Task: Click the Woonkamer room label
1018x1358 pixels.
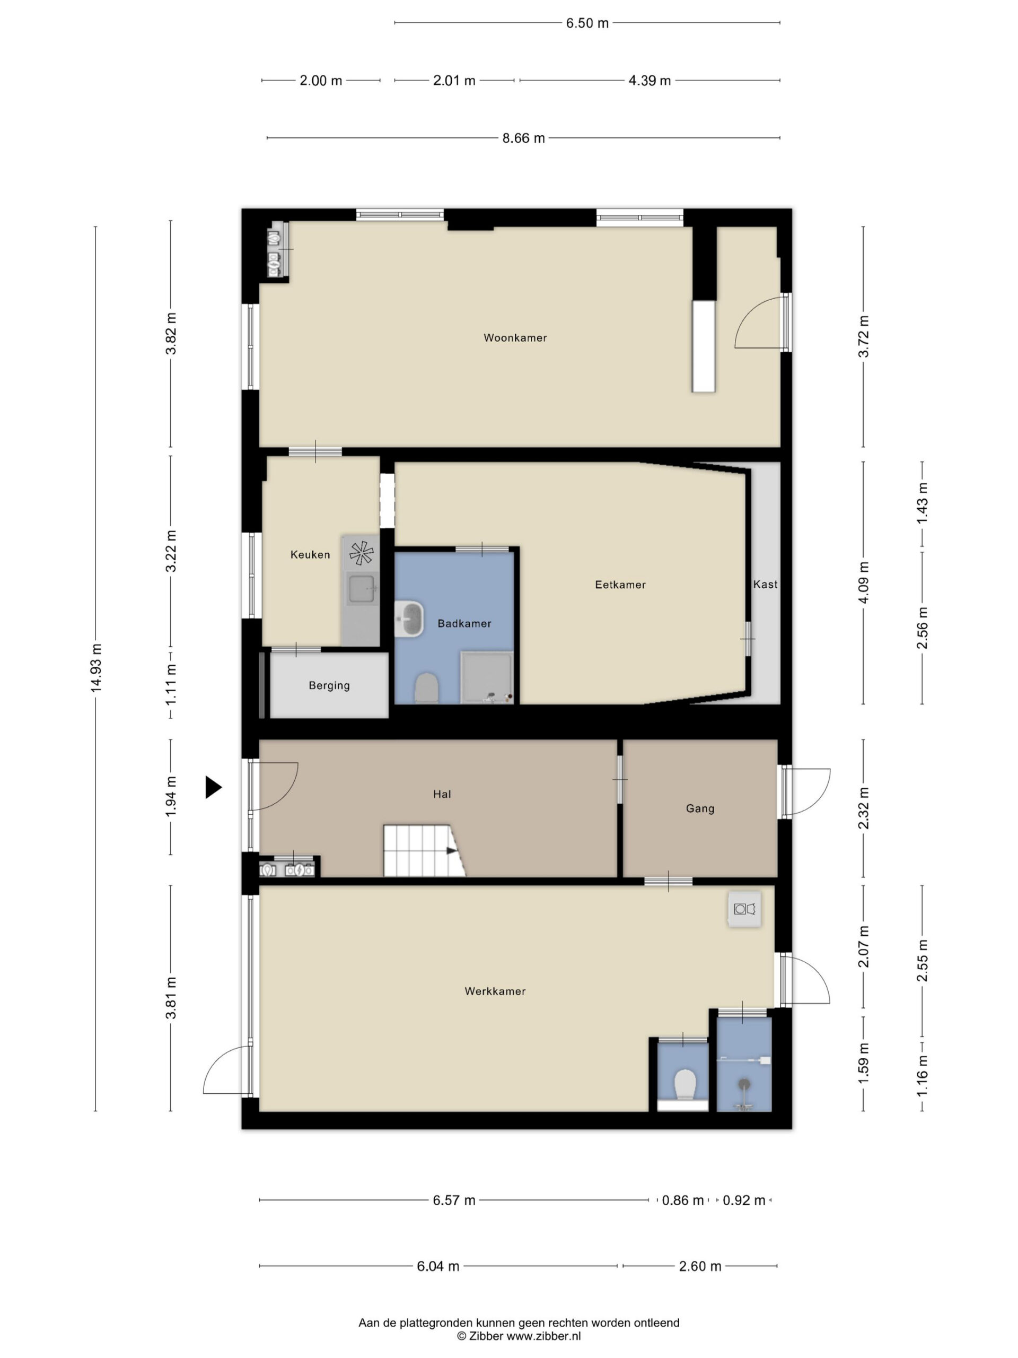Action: [x=515, y=338]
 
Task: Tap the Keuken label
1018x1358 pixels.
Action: [x=310, y=554]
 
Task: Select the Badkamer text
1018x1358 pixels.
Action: [x=464, y=623]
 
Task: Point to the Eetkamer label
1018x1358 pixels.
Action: [x=620, y=585]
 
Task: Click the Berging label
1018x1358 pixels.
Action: [x=329, y=685]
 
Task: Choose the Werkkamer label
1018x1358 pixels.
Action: [x=495, y=991]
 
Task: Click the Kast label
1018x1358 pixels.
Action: [x=765, y=585]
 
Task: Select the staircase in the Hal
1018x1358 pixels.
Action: [x=424, y=850]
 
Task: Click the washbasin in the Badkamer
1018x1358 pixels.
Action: [x=409, y=619]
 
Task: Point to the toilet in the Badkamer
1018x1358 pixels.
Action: [x=426, y=687]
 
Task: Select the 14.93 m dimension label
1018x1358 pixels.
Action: [x=96, y=668]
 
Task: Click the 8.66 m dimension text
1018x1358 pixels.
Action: [x=523, y=138]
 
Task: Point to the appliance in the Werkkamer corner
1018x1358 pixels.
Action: [x=744, y=909]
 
